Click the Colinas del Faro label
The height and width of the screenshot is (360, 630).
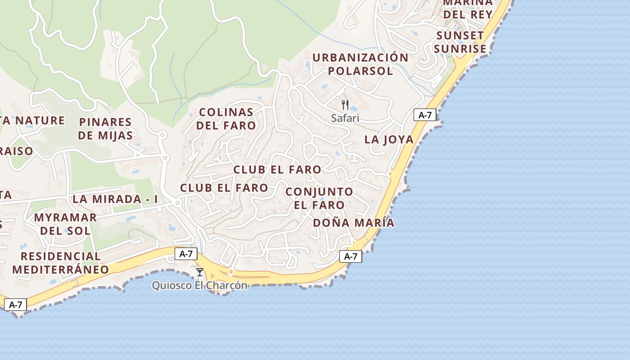point(226,119)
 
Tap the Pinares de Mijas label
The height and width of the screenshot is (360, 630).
point(105,129)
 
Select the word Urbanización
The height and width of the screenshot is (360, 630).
point(360,58)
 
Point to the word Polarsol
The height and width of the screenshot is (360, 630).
point(360,71)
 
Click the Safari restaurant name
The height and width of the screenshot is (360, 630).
point(345,118)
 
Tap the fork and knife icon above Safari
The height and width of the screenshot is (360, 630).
point(345,105)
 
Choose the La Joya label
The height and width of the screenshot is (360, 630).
point(389,139)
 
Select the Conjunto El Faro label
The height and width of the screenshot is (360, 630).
point(319,198)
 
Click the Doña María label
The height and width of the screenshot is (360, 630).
point(353,223)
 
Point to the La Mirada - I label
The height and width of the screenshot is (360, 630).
point(115,199)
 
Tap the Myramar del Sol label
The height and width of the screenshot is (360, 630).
point(65,224)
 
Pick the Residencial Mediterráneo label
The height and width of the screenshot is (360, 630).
point(60,263)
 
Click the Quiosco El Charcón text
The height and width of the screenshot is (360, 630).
point(200,285)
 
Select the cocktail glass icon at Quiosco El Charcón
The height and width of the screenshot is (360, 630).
point(200,272)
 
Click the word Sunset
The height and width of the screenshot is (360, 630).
point(459,36)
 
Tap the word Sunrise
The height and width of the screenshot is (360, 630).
point(460,49)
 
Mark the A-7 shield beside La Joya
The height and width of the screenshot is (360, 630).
point(425,115)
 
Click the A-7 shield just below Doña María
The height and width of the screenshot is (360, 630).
point(350,256)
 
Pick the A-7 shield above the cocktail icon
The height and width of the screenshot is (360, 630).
point(186,254)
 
